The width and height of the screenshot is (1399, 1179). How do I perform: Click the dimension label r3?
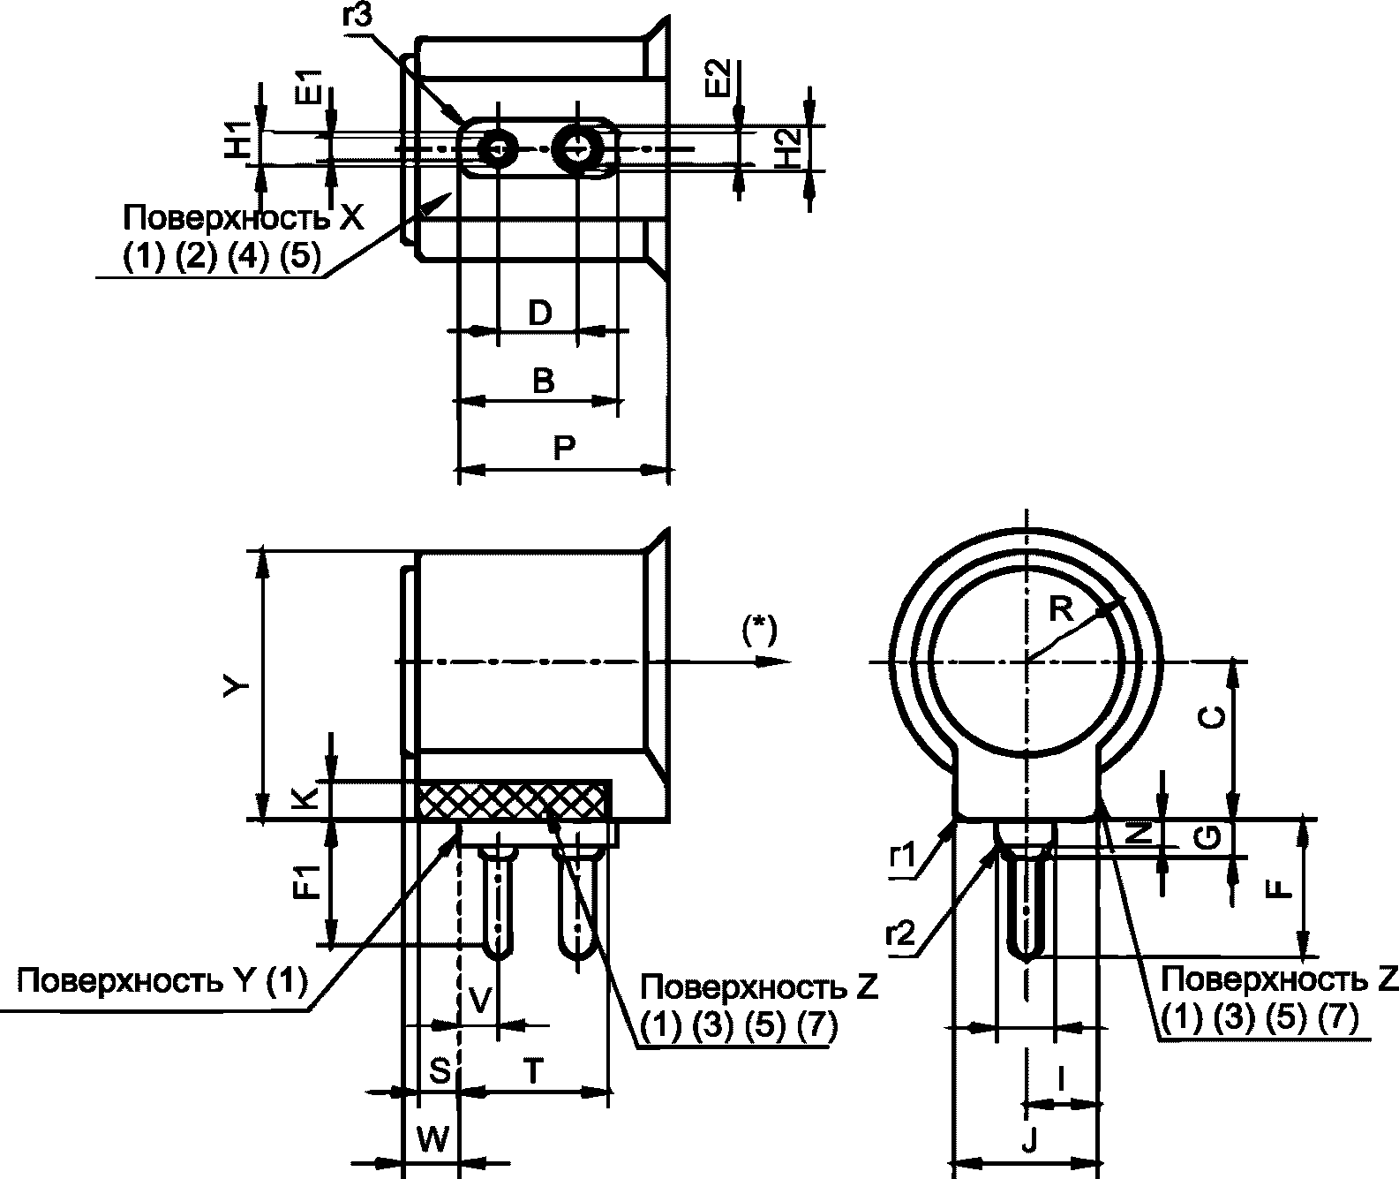click(357, 15)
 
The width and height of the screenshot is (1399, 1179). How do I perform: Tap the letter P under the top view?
click(564, 448)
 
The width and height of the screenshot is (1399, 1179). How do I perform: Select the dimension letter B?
click(544, 381)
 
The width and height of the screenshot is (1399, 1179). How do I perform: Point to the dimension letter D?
click(540, 313)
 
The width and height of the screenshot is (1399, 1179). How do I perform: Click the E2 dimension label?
click(717, 79)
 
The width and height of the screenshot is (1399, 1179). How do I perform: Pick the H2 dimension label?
click(788, 148)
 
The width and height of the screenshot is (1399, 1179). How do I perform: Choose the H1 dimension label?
click(237, 140)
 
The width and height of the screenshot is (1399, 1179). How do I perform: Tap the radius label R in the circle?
click(1061, 610)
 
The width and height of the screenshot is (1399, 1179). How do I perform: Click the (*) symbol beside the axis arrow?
click(759, 631)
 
